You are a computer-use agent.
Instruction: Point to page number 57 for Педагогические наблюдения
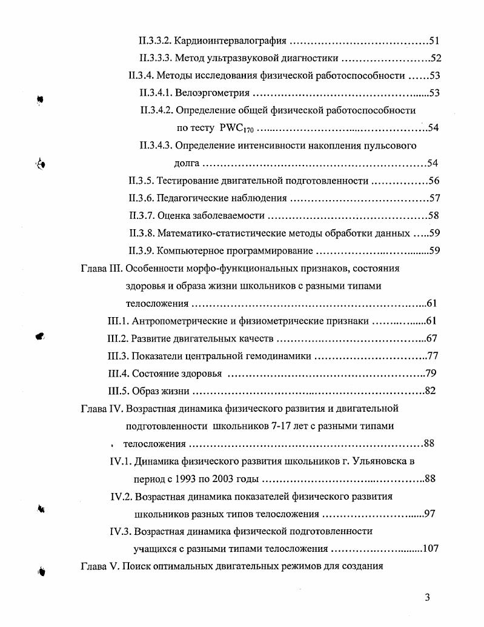(434, 198)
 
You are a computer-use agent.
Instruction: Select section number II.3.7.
(141, 215)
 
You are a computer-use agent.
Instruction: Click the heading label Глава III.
(102, 268)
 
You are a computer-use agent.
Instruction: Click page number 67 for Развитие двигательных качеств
(431, 338)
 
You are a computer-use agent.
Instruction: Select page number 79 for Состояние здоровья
(431, 373)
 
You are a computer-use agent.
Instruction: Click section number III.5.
(118, 391)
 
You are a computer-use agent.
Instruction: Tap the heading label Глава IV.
(102, 408)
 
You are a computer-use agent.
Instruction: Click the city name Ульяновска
(378, 461)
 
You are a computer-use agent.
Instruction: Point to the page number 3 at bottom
(427, 598)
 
